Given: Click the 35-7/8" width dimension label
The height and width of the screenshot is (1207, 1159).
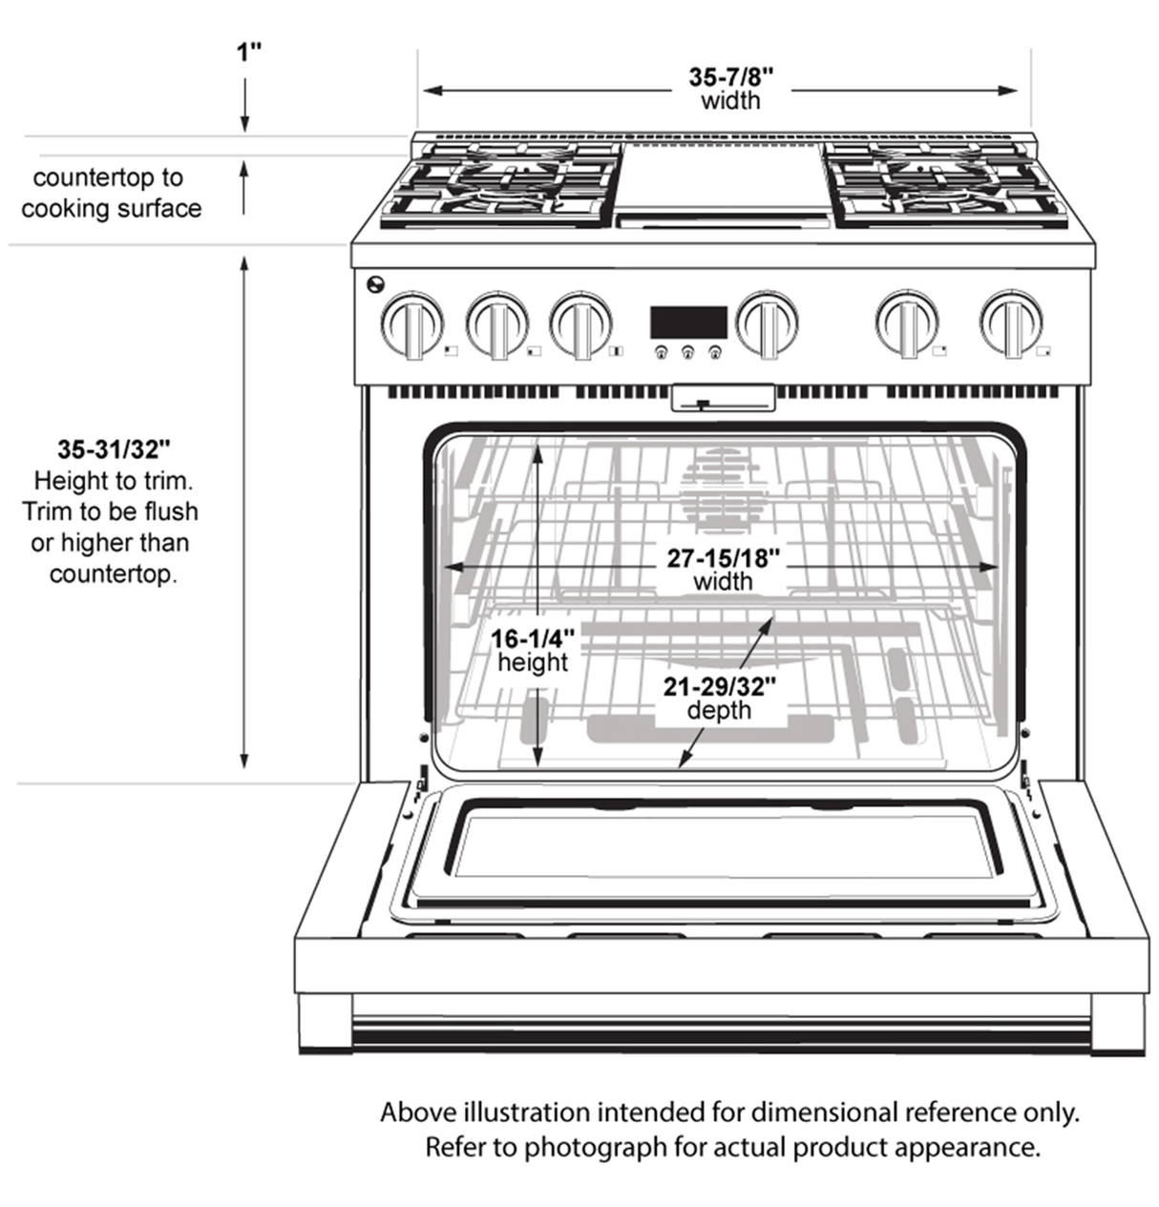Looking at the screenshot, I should [x=730, y=76].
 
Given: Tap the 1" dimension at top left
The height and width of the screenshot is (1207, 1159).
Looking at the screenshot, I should [x=249, y=52].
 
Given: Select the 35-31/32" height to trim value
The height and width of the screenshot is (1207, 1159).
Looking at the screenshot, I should [x=114, y=448].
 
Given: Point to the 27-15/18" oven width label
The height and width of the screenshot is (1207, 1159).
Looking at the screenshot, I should [x=724, y=558].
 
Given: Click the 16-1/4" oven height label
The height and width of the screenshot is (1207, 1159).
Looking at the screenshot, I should [x=533, y=638].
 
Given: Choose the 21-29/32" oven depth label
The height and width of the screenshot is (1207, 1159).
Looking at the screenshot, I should [x=719, y=686].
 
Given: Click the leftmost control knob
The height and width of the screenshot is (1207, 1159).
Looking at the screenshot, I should [x=411, y=323].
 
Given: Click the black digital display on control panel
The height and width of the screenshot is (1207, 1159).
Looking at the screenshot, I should [x=688, y=322].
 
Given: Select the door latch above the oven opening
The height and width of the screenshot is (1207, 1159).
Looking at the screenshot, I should [x=723, y=398].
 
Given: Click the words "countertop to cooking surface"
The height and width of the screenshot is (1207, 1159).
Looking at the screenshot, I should [x=111, y=193].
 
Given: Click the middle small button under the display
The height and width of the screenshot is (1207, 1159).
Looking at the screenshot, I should [x=687, y=353].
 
